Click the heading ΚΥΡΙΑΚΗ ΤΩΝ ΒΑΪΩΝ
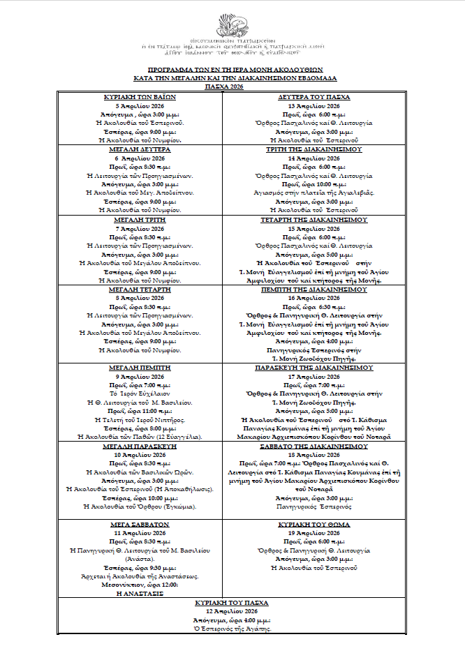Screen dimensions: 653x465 [x=139, y=97]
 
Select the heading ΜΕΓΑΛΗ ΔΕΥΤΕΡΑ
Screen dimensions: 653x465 [x=139, y=149]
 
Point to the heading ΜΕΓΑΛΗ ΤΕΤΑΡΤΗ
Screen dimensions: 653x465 [x=139, y=289]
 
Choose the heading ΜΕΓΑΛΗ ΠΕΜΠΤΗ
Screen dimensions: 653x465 [x=139, y=366]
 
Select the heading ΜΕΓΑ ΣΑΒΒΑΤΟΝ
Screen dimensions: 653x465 [x=139, y=523]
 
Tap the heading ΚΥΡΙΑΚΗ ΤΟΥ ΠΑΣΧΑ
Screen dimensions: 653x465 [x=232, y=602]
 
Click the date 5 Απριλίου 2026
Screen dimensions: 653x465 [x=139, y=105]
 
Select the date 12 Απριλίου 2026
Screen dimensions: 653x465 [x=232, y=611]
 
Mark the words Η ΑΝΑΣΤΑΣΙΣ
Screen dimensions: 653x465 [x=139, y=592]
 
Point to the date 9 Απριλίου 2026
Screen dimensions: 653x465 [x=139, y=377]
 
